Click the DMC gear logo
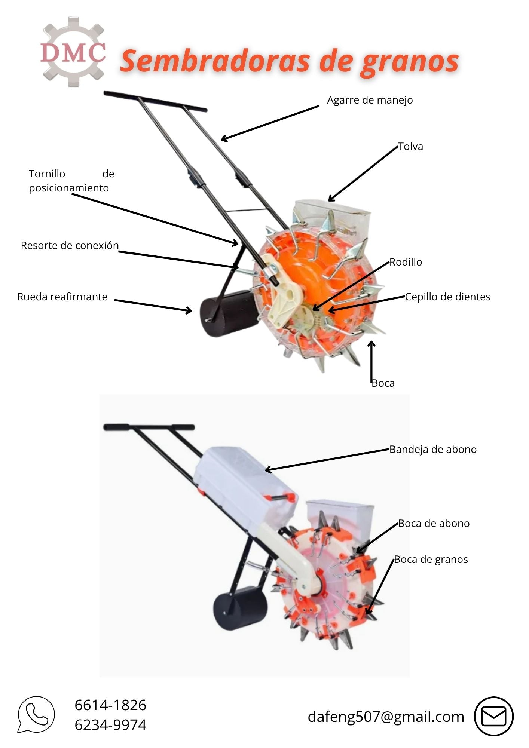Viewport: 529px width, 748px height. pos(73,51)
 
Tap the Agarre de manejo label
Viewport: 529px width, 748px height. pos(370,100)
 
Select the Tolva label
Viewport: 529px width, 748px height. pos(410,146)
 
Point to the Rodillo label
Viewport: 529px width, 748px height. pos(406,262)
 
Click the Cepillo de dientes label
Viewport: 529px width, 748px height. pos(447,297)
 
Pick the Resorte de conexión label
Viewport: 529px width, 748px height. pos(70,245)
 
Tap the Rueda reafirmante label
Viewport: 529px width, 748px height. pos(62,297)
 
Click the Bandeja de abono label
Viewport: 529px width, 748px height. pos(433,449)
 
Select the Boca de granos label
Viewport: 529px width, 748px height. pos(431,560)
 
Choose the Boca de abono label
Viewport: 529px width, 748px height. pos(434,523)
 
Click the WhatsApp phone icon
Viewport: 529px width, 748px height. pos(36,715)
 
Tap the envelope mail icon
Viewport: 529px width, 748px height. pos(493,716)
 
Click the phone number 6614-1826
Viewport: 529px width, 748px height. pos(110,705)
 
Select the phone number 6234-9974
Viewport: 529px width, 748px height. pos(110,725)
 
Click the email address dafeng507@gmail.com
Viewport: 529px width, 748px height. pos(386,717)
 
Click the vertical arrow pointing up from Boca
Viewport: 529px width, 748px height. pos(371,361)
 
